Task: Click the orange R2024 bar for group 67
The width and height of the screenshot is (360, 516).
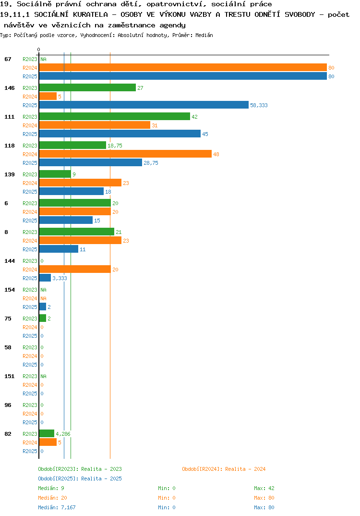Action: tap(183, 67)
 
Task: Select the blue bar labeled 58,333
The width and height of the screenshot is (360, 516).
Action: tap(144, 105)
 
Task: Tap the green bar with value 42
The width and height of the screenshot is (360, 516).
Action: tap(115, 116)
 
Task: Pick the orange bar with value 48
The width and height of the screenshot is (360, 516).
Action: tap(126, 154)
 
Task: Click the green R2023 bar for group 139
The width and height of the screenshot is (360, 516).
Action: tap(55, 174)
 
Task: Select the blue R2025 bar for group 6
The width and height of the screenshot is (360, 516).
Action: tap(66, 220)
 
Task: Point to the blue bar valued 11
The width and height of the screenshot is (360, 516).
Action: tap(59, 249)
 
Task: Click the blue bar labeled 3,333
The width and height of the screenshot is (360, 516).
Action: tap(45, 278)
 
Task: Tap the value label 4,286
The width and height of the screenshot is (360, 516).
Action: tap(63, 434)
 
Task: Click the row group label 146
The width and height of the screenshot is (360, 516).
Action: tap(10, 88)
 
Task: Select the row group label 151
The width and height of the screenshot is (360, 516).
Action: tap(10, 376)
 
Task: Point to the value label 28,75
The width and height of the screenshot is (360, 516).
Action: tap(151, 163)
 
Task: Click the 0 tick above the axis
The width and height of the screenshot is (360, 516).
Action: tap(38, 49)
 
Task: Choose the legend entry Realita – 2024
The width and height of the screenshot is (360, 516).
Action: tap(224, 469)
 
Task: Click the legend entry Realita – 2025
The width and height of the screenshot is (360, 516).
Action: tap(80, 479)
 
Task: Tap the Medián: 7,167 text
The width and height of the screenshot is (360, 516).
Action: tap(57, 507)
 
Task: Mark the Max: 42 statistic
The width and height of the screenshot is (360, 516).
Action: tap(264, 488)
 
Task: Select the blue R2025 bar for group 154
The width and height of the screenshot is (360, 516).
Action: tap(43, 307)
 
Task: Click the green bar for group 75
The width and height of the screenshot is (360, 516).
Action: tap(43, 318)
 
